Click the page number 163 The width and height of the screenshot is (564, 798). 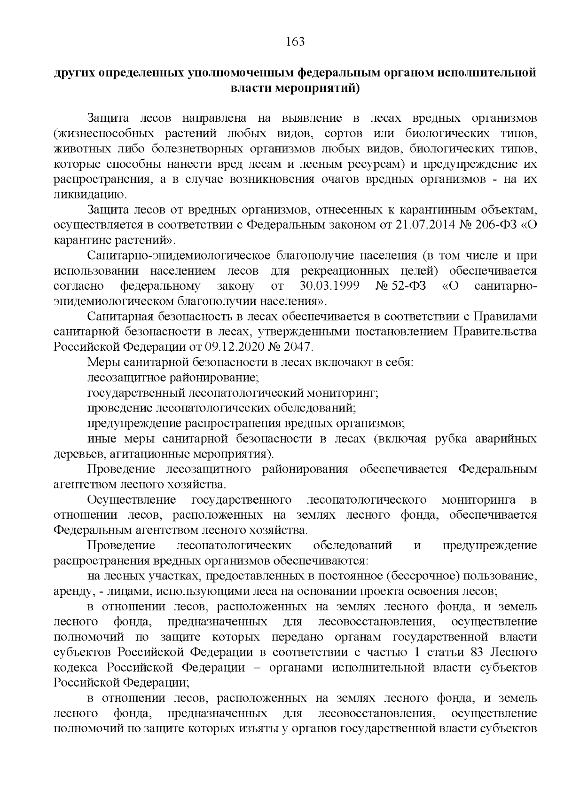click(296, 42)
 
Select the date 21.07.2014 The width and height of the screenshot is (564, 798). click(421, 225)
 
